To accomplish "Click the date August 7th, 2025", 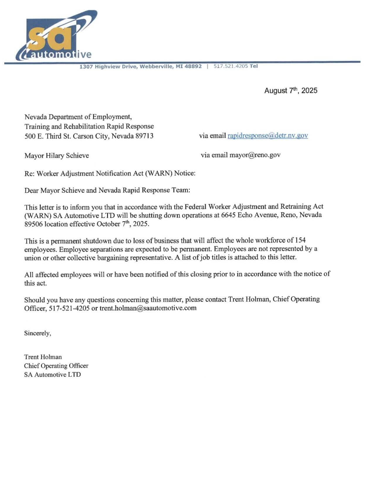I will (x=290, y=90).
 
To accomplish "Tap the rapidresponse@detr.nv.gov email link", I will (x=267, y=135).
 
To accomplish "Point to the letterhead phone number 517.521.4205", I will (x=231, y=66).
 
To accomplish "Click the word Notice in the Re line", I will (x=184, y=173).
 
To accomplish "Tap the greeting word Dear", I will (x=31, y=190).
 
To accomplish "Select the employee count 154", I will (x=300, y=240).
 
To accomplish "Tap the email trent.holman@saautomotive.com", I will (x=148, y=308).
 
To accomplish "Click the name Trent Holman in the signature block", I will (x=43, y=357).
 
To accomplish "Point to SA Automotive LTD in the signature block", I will (x=52, y=375).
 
